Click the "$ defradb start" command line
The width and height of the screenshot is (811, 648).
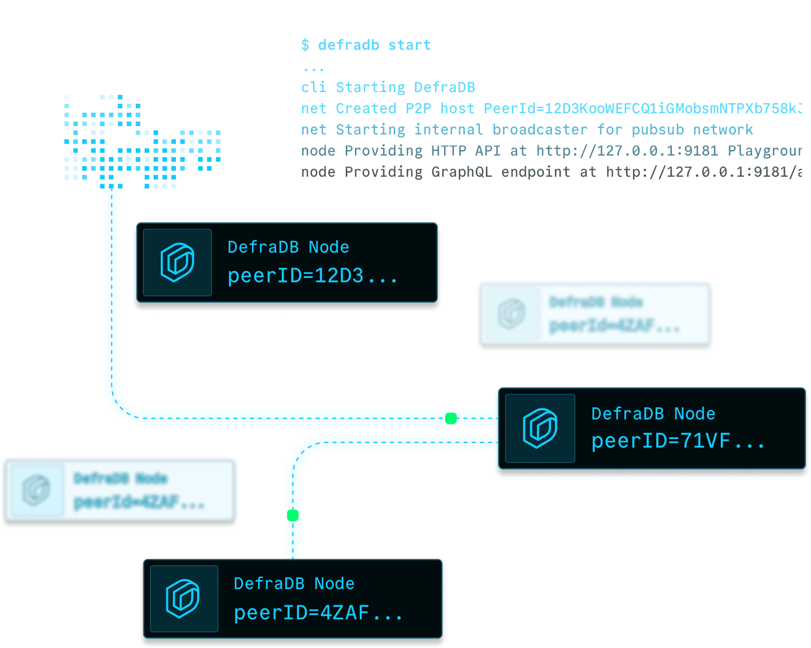click(x=366, y=45)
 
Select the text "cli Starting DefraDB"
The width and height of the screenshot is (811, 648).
click(x=388, y=87)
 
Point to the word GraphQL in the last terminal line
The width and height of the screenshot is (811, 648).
click(x=461, y=172)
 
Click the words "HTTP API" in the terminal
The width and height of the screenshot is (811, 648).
click(x=465, y=151)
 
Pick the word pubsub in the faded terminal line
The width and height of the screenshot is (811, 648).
click(x=657, y=130)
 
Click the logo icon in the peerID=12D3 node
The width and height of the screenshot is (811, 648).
click(x=177, y=262)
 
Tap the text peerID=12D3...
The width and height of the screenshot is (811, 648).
click(x=311, y=276)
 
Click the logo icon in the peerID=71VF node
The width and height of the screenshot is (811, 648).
click(x=540, y=428)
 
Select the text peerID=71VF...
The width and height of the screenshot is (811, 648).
click(x=677, y=442)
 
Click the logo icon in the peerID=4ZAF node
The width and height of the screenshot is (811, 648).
click(x=183, y=598)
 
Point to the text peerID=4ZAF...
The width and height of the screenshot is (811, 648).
click(x=318, y=613)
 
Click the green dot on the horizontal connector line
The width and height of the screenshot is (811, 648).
click(x=451, y=418)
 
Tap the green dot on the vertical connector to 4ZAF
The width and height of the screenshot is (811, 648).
click(x=293, y=515)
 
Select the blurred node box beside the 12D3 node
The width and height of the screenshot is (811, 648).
click(x=595, y=315)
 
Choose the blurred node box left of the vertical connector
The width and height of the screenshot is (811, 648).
click(x=119, y=491)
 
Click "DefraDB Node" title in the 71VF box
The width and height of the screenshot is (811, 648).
click(x=653, y=414)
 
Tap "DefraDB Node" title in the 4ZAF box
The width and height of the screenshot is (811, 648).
click(x=294, y=584)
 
